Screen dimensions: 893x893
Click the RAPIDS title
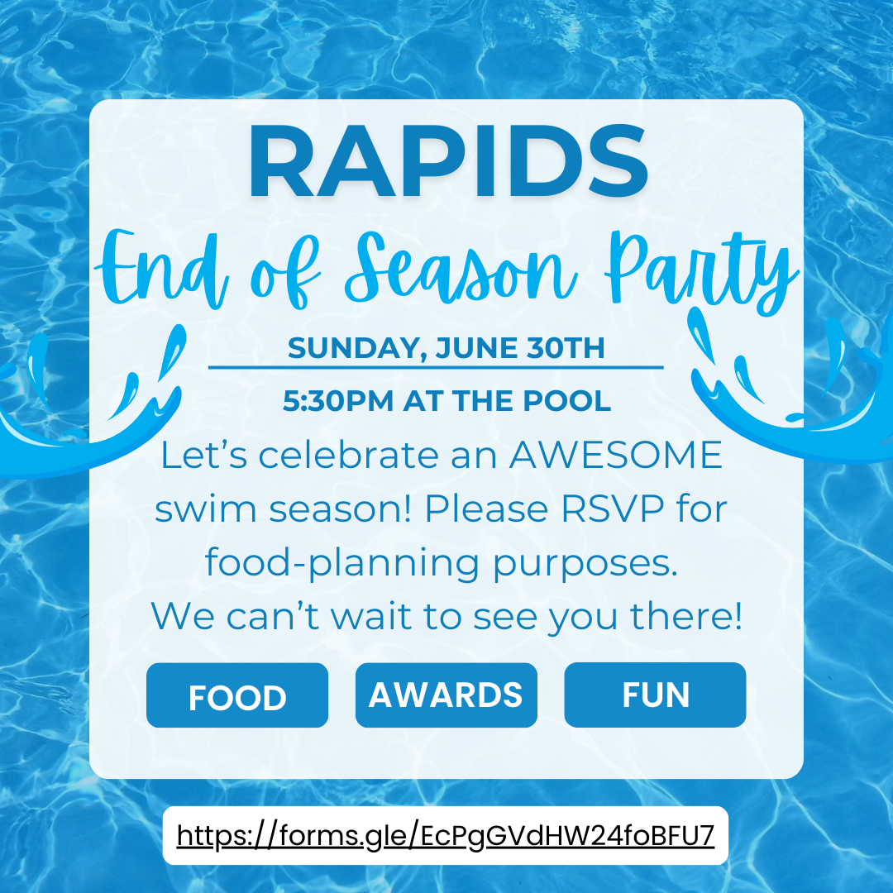click(447, 160)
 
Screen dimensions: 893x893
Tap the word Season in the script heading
click(461, 267)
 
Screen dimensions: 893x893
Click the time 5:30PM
click(337, 401)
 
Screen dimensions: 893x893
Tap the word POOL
click(566, 401)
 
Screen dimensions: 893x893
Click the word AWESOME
click(616, 455)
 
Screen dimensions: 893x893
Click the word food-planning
click(341, 564)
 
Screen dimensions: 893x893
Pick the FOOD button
click(237, 695)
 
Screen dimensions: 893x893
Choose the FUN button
click(655, 695)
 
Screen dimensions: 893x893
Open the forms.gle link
click(446, 835)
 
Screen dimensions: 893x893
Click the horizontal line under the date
click(436, 368)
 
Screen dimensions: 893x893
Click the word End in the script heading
click(162, 268)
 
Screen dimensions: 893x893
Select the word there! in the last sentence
click(686, 616)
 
